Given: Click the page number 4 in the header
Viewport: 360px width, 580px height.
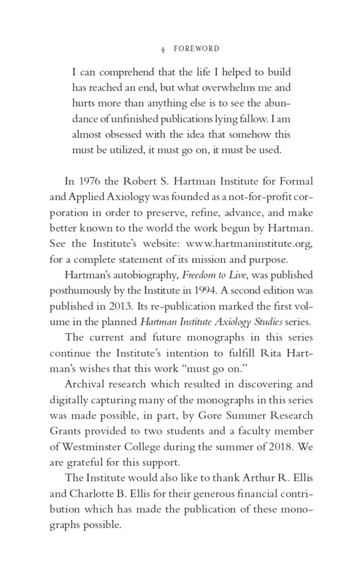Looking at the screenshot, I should click(162, 49).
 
